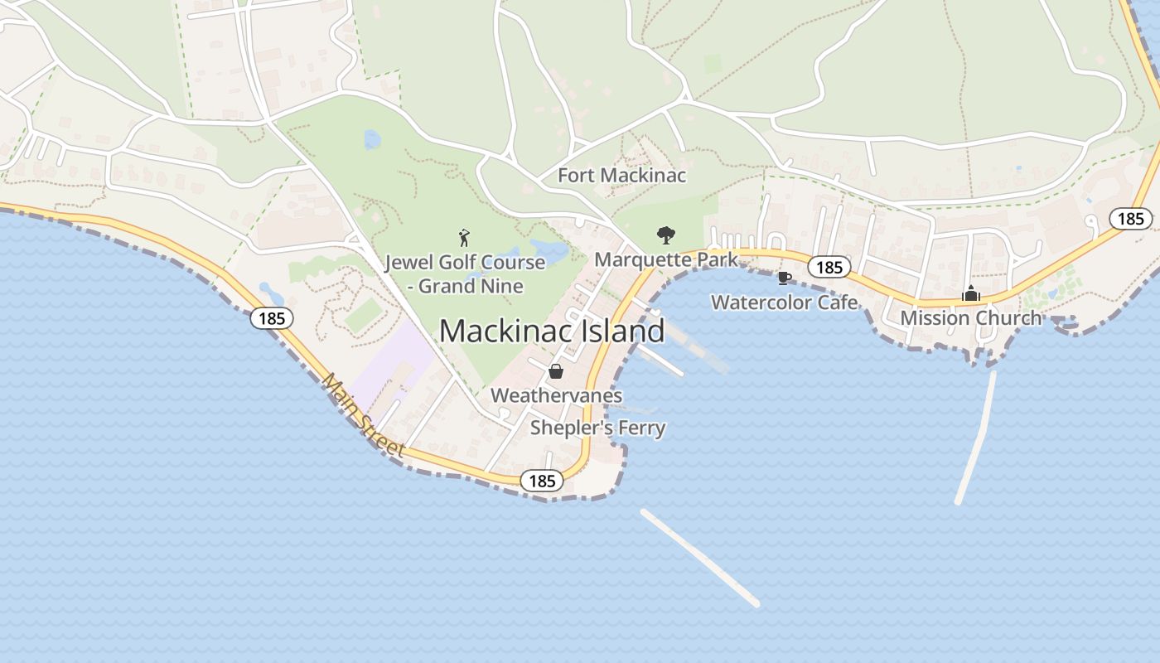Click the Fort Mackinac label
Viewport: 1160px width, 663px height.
[621, 176]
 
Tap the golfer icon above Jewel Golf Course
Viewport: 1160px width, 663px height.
[464, 238]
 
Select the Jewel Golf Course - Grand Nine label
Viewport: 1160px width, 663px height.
[465, 274]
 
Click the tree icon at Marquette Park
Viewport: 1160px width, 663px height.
[665, 235]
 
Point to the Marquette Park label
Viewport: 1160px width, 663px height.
[666, 259]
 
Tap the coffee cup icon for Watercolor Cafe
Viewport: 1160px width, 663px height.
[785, 278]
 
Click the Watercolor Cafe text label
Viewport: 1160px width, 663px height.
[785, 302]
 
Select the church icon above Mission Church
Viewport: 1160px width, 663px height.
[970, 293]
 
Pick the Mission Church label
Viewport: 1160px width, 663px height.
[970, 317]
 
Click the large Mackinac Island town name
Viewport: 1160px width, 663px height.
[552, 331]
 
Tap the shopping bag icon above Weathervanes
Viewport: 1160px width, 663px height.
[556, 371]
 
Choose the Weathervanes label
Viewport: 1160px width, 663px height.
[556, 395]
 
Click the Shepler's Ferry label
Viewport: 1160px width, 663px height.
[597, 428]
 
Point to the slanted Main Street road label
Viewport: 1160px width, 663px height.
[364, 416]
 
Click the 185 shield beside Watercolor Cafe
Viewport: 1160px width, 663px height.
[829, 267]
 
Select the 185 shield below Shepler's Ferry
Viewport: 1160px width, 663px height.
[542, 481]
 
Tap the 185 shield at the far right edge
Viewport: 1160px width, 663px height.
[1130, 219]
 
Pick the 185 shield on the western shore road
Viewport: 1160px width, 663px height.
[273, 317]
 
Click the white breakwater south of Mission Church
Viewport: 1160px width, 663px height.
[976, 438]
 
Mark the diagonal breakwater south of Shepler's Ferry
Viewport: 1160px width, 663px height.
[700, 558]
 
